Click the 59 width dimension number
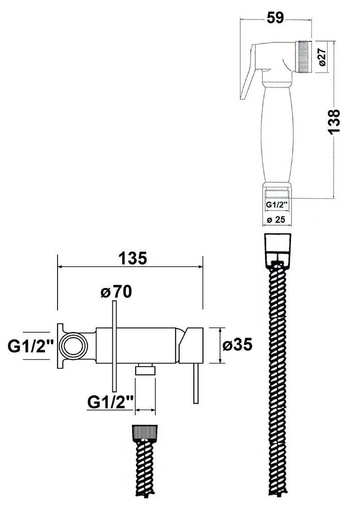[x=275, y=18]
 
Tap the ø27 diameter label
[x=323, y=58]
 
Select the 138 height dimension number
[x=334, y=121]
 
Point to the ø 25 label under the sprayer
[x=276, y=220]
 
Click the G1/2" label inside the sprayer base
[x=276, y=204]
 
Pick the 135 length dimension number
[x=132, y=258]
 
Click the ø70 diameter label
[x=116, y=292]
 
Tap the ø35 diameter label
[x=237, y=345]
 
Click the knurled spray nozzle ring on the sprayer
[x=304, y=58]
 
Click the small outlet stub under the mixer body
[x=145, y=369]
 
